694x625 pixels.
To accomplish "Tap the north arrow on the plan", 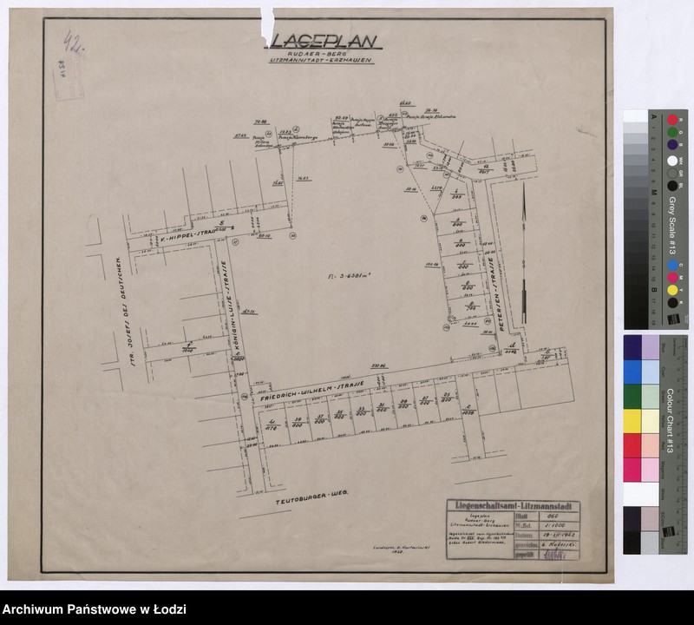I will click(522, 234).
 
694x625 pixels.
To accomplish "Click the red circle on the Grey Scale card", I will click(672, 119).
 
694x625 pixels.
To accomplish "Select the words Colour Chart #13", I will click(671, 418).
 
